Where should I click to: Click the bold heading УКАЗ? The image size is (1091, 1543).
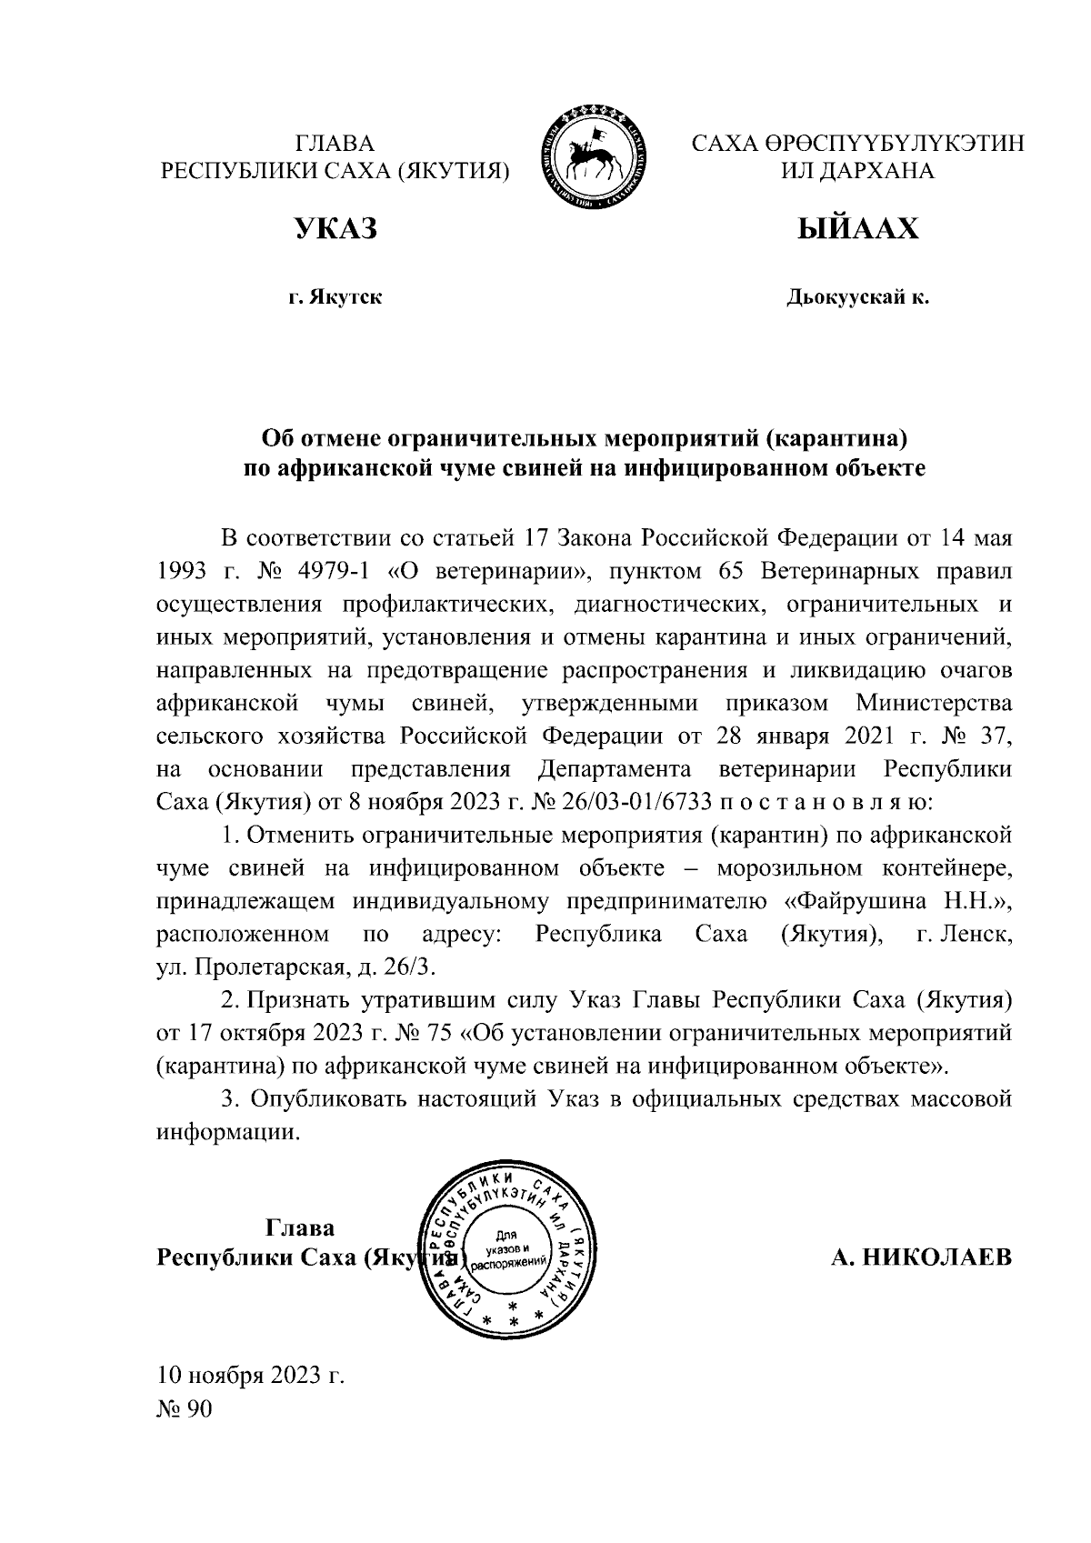[335, 229]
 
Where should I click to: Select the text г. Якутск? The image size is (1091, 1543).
[335, 297]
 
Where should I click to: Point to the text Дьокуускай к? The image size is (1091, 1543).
[858, 297]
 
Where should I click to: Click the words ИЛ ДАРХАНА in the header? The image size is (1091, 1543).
[858, 170]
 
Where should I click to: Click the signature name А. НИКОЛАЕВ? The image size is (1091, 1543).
[920, 1257]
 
